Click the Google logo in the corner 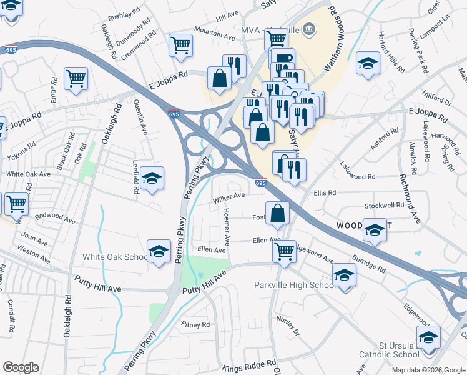[x=21, y=367]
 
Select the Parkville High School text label [x=295, y=286]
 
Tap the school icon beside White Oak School [x=159, y=252]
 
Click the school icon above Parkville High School [x=344, y=274]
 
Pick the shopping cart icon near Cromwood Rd [x=180, y=45]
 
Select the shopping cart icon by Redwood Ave [x=16, y=203]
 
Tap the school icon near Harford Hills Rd [x=368, y=62]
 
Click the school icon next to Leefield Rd [x=152, y=179]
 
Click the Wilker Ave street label [x=227, y=198]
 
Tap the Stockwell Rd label [x=384, y=205]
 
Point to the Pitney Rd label [x=195, y=324]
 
